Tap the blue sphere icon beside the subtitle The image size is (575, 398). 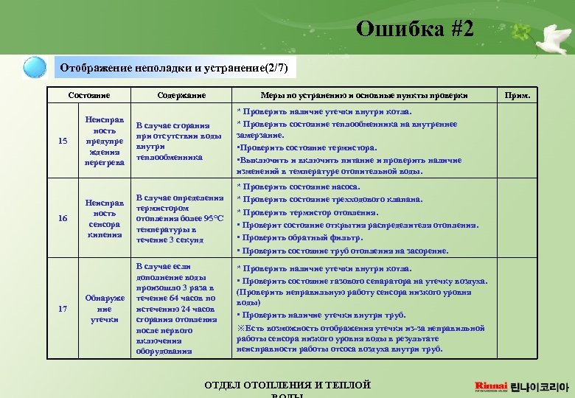point(35,68)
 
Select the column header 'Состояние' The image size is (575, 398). point(88,95)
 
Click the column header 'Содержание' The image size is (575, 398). point(181,95)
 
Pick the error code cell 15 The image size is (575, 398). point(62,140)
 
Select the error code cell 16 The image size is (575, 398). point(62,218)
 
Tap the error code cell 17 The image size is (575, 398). point(62,308)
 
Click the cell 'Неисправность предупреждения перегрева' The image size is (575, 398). point(104,140)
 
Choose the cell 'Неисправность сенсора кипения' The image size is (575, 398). point(104,218)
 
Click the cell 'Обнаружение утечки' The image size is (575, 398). point(104,308)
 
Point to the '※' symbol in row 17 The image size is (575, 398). point(240,327)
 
